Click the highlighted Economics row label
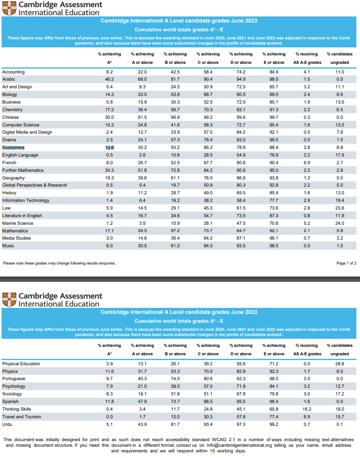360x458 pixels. coord(13,147)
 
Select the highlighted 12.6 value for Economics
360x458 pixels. coord(110,147)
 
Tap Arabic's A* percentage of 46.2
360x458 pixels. coord(109,79)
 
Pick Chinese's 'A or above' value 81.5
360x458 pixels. coord(142,117)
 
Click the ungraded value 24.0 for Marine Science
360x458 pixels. coord(340,223)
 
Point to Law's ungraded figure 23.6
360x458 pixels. coord(340,208)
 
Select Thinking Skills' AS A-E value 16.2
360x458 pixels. coord(307,409)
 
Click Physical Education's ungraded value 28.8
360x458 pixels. coord(340,364)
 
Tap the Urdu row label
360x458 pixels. coord(7,424)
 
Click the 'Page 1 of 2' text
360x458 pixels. coord(346,263)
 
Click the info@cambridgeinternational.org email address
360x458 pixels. coord(239,446)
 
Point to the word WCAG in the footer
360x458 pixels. coord(219,440)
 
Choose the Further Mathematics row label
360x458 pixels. coord(23,170)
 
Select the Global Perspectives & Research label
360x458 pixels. coord(35,185)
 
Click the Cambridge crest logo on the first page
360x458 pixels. coord(9,8)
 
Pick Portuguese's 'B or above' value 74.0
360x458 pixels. coord(175,379)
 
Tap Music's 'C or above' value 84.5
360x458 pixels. coord(208,246)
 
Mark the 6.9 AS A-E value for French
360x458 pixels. coord(307,163)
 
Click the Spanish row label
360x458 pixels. coord(10,402)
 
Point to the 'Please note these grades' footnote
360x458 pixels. coord(59,263)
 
